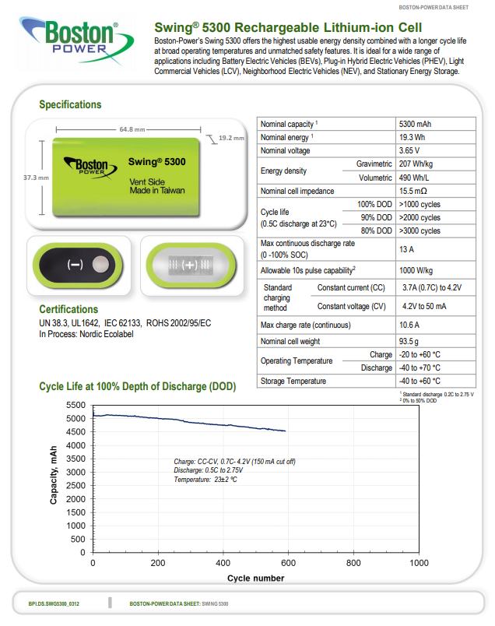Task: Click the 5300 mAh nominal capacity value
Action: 415,124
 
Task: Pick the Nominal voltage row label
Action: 286,150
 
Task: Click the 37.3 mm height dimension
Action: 36,178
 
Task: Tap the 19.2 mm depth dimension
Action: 231,138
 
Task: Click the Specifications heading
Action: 70,104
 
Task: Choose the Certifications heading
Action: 68,309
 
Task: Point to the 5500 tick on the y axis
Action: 75,406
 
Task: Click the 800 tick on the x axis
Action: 353,562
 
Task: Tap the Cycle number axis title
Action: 255,578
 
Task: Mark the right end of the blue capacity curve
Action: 286,431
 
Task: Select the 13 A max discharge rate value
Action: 406,248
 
